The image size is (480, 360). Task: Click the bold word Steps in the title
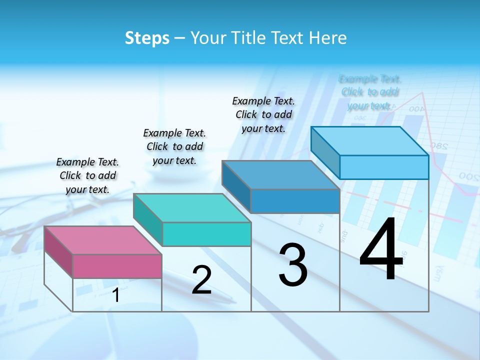click(x=147, y=38)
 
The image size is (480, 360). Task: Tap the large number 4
click(x=381, y=250)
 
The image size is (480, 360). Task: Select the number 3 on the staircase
click(x=293, y=265)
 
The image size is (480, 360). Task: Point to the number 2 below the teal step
click(x=201, y=280)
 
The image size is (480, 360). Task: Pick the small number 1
click(x=116, y=295)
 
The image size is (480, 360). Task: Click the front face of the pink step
click(x=117, y=266)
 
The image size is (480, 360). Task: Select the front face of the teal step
click(x=206, y=234)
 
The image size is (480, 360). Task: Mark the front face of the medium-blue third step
click(x=295, y=201)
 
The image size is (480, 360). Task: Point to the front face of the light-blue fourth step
click(x=384, y=167)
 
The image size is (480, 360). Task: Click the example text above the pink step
click(x=87, y=175)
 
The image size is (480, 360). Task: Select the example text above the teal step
click(x=174, y=146)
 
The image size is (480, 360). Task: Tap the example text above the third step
click(x=263, y=114)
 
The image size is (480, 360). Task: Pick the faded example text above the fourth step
click(x=370, y=92)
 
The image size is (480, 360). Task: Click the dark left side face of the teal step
click(x=148, y=220)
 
